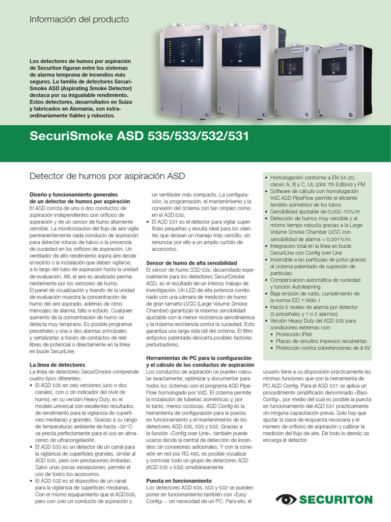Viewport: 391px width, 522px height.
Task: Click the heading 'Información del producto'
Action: (79, 19)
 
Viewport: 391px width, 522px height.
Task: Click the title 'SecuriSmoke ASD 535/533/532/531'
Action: (139, 137)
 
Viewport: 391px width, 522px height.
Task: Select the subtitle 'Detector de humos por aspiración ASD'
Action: (107, 176)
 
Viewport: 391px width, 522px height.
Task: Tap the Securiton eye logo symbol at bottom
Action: (286, 500)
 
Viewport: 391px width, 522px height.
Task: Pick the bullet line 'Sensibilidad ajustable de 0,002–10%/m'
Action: (315, 211)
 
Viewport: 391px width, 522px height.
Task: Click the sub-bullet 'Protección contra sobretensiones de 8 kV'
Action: (323, 348)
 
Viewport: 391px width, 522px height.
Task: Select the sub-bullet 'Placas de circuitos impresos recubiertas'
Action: (321, 341)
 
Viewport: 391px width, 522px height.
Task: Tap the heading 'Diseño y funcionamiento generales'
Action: (73, 195)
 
